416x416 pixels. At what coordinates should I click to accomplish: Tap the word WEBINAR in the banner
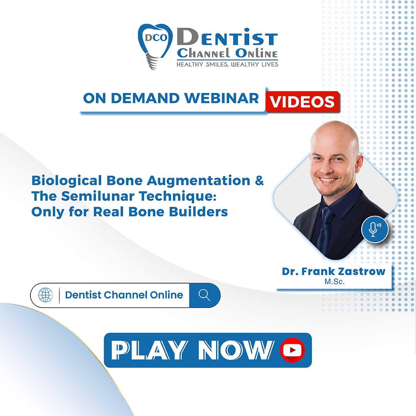pyautogui.click(x=222, y=98)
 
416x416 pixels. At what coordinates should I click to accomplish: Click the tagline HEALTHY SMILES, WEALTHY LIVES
pyautogui.click(x=227, y=64)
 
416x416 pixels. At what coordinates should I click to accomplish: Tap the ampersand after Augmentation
pyautogui.click(x=259, y=181)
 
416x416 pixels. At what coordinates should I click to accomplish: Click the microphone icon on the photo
pyautogui.click(x=374, y=230)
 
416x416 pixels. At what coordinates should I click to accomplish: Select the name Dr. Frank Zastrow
pyautogui.click(x=334, y=271)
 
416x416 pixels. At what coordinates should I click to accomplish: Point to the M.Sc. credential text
pyautogui.click(x=334, y=282)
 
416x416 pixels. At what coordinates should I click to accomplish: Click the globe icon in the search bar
pyautogui.click(x=45, y=295)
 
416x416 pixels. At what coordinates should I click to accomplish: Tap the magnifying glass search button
pyautogui.click(x=205, y=295)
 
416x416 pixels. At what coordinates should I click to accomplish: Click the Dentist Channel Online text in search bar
pyautogui.click(x=124, y=295)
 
